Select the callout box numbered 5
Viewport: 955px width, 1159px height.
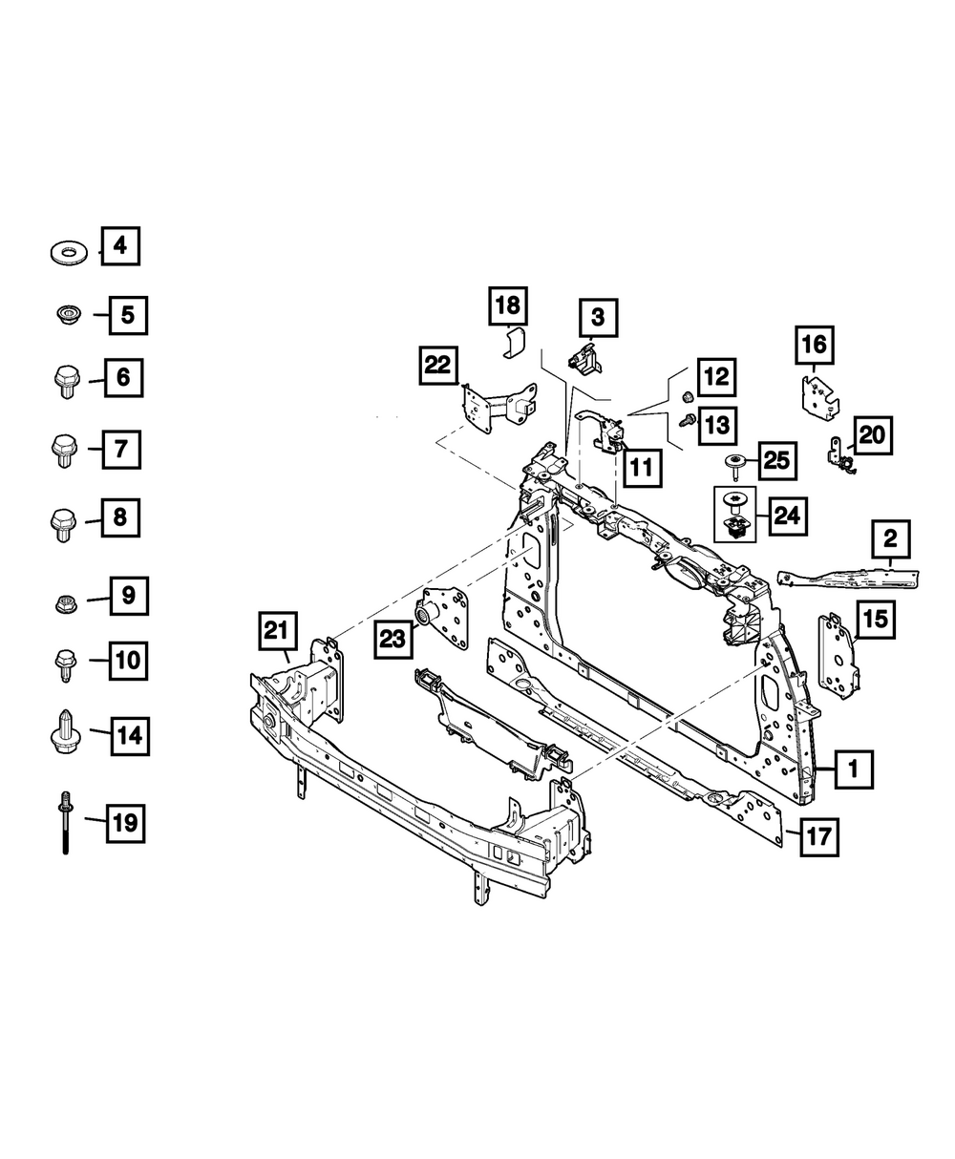click(127, 314)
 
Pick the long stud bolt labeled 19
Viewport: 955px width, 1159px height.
click(65, 820)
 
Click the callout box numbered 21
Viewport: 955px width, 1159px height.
click(275, 631)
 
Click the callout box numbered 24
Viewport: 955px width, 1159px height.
click(786, 516)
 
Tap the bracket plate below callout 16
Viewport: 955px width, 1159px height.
click(818, 396)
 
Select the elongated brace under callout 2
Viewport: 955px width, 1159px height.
click(847, 577)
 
